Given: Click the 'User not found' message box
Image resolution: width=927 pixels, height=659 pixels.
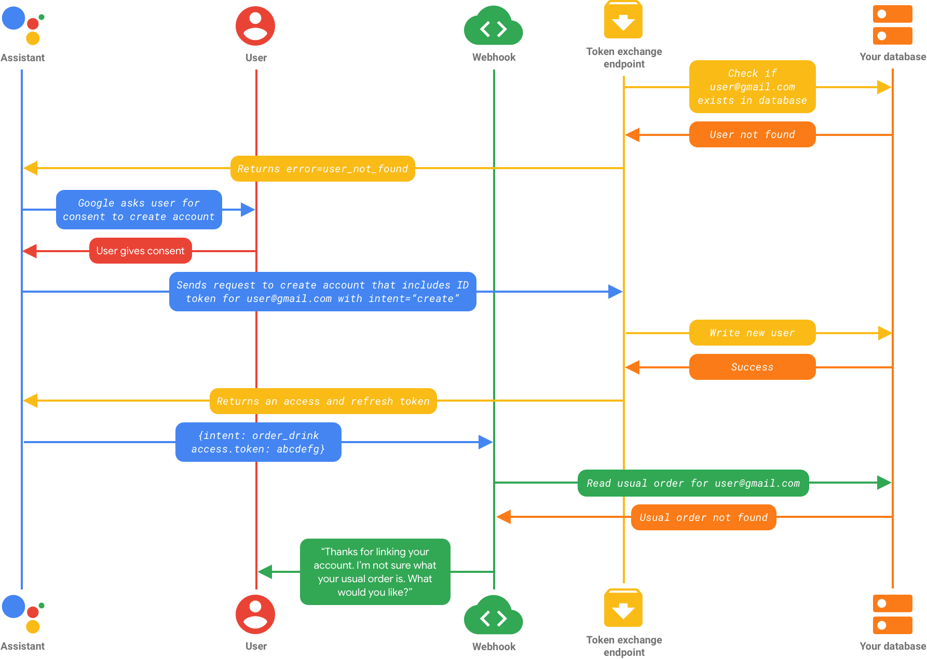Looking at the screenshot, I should (752, 134).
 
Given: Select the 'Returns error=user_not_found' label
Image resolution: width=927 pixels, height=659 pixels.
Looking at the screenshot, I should (322, 169).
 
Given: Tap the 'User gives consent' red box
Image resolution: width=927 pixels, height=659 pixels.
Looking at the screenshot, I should (140, 251).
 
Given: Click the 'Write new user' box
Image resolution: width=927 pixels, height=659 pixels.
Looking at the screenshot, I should (752, 333).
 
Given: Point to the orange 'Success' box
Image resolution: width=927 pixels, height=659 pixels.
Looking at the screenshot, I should (752, 367).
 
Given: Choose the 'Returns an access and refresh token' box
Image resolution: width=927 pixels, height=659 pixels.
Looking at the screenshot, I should (323, 401).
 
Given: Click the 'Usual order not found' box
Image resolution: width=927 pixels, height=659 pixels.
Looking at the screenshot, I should (703, 517).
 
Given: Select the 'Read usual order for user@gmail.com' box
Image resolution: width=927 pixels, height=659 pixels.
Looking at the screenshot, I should (693, 483).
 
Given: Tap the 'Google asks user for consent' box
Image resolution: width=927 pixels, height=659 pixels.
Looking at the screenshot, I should (139, 210).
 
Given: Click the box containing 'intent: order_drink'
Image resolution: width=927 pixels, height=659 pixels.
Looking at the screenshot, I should (258, 442).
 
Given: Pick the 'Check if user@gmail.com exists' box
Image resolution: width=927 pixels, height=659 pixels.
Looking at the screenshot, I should (752, 87).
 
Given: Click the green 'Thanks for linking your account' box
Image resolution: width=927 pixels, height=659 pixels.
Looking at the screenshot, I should (375, 572).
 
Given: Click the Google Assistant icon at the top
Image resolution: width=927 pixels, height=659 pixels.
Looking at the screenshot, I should (23, 25).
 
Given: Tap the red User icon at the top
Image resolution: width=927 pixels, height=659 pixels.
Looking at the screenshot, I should (255, 26).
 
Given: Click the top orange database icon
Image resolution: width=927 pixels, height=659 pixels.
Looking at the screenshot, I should (892, 25).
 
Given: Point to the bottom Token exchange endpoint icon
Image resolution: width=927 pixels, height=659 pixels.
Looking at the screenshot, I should (623, 608).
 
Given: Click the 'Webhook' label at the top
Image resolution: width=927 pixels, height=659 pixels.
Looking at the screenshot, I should (494, 57).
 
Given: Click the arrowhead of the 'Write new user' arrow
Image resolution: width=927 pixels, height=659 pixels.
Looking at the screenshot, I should (885, 333).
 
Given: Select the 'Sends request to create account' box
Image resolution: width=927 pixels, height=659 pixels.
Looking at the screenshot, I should (322, 292).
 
